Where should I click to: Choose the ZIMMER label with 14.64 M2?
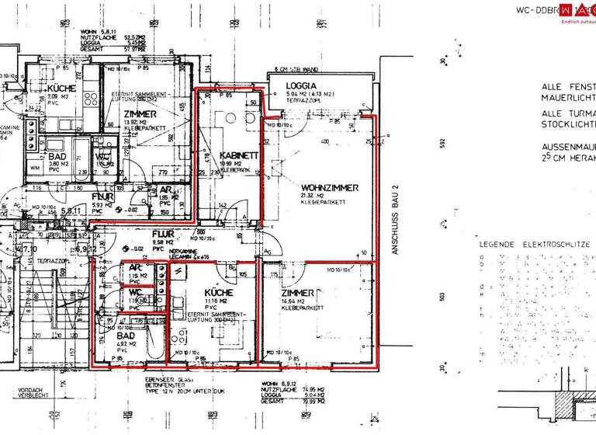(299, 292)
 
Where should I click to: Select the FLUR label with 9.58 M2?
(162, 233)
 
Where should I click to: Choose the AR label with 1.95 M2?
(165, 189)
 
